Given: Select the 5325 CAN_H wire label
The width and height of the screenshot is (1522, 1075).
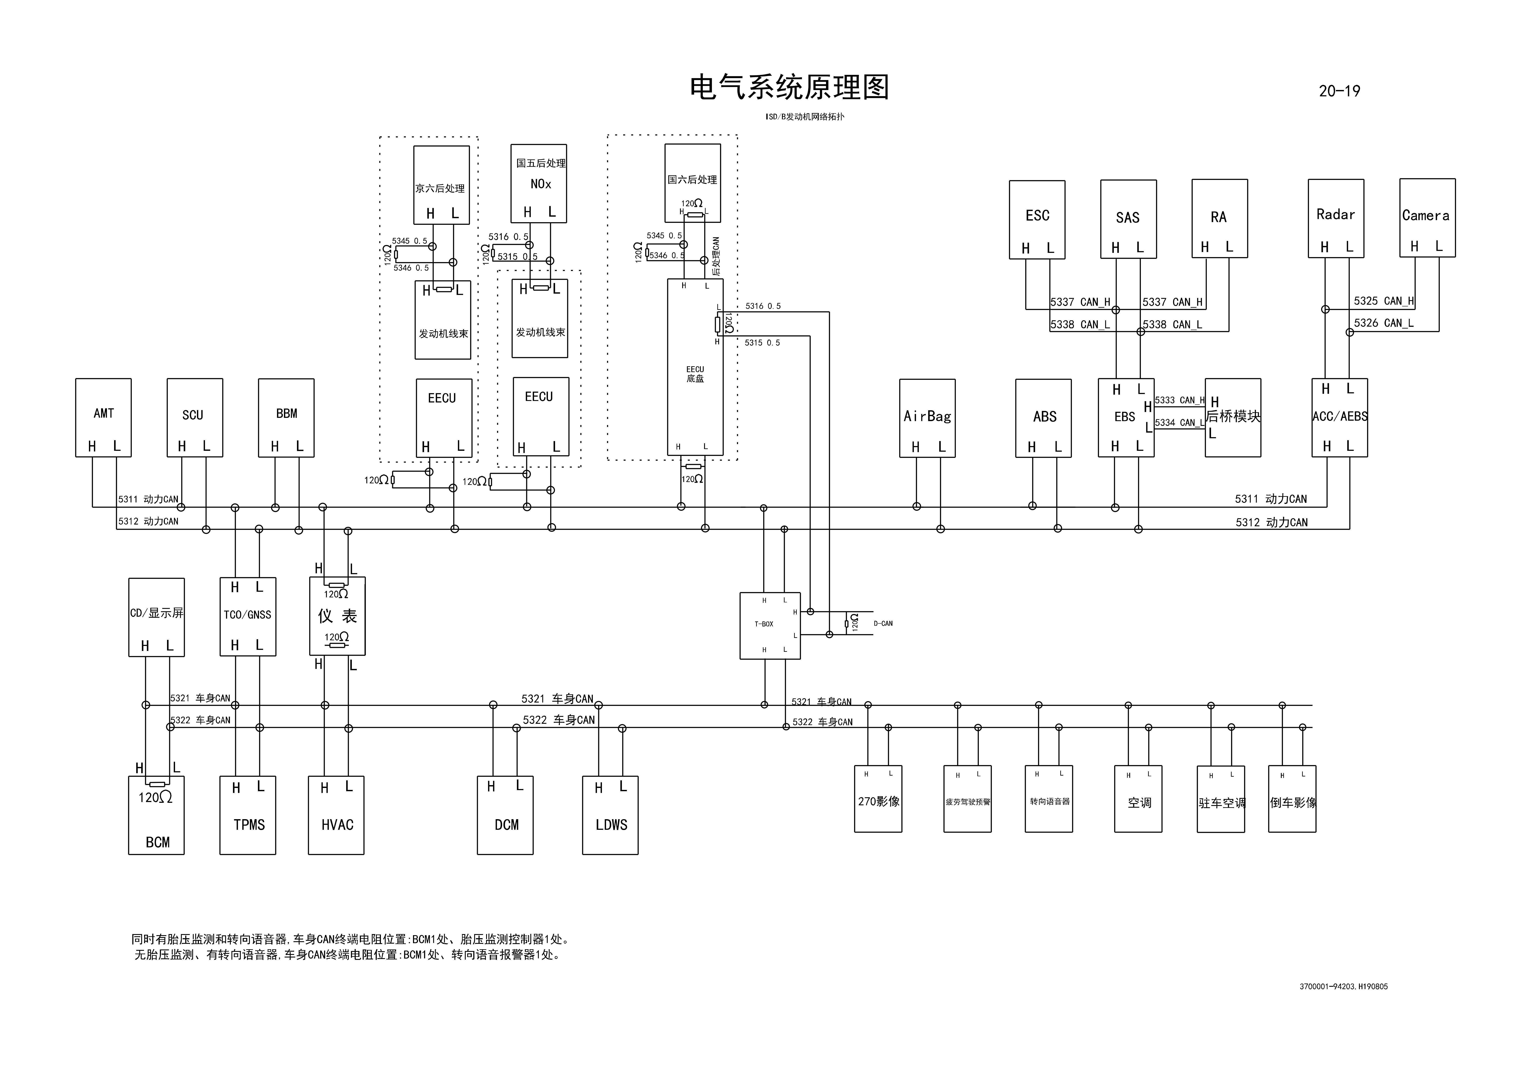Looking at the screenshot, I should pos(1383,301).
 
